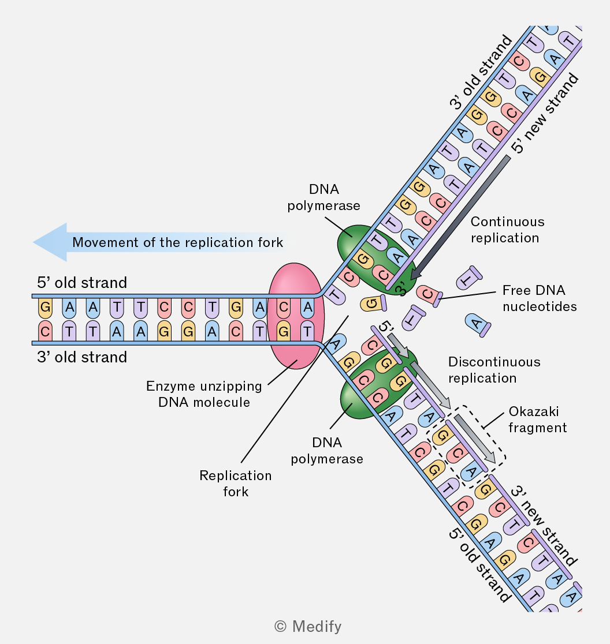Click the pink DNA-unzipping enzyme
click(x=296, y=316)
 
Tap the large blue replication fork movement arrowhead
click(x=50, y=242)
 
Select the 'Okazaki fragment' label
click(x=538, y=420)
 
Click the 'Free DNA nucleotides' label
click(x=540, y=298)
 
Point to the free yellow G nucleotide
click(x=373, y=304)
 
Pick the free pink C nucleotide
click(x=429, y=295)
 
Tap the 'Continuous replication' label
click(x=507, y=230)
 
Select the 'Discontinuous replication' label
click(x=494, y=370)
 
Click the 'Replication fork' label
click(x=236, y=484)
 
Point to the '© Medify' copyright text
click(x=308, y=626)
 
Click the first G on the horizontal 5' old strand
click(x=45, y=308)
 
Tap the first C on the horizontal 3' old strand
click(x=45, y=331)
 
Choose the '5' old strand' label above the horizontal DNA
click(x=82, y=283)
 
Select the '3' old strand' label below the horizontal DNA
click(x=82, y=357)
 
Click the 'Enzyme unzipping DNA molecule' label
click(x=204, y=394)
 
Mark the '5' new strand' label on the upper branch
click(x=545, y=113)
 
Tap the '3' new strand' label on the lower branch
click(x=544, y=526)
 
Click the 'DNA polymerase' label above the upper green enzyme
click(x=324, y=197)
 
